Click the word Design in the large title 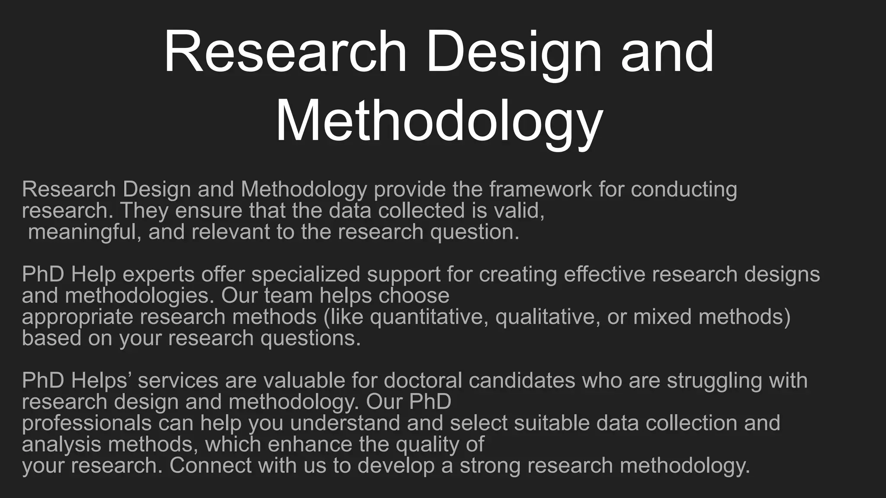[514, 53]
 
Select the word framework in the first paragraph [540, 189]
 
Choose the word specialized [305, 275]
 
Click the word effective [604, 275]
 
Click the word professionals [87, 423]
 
